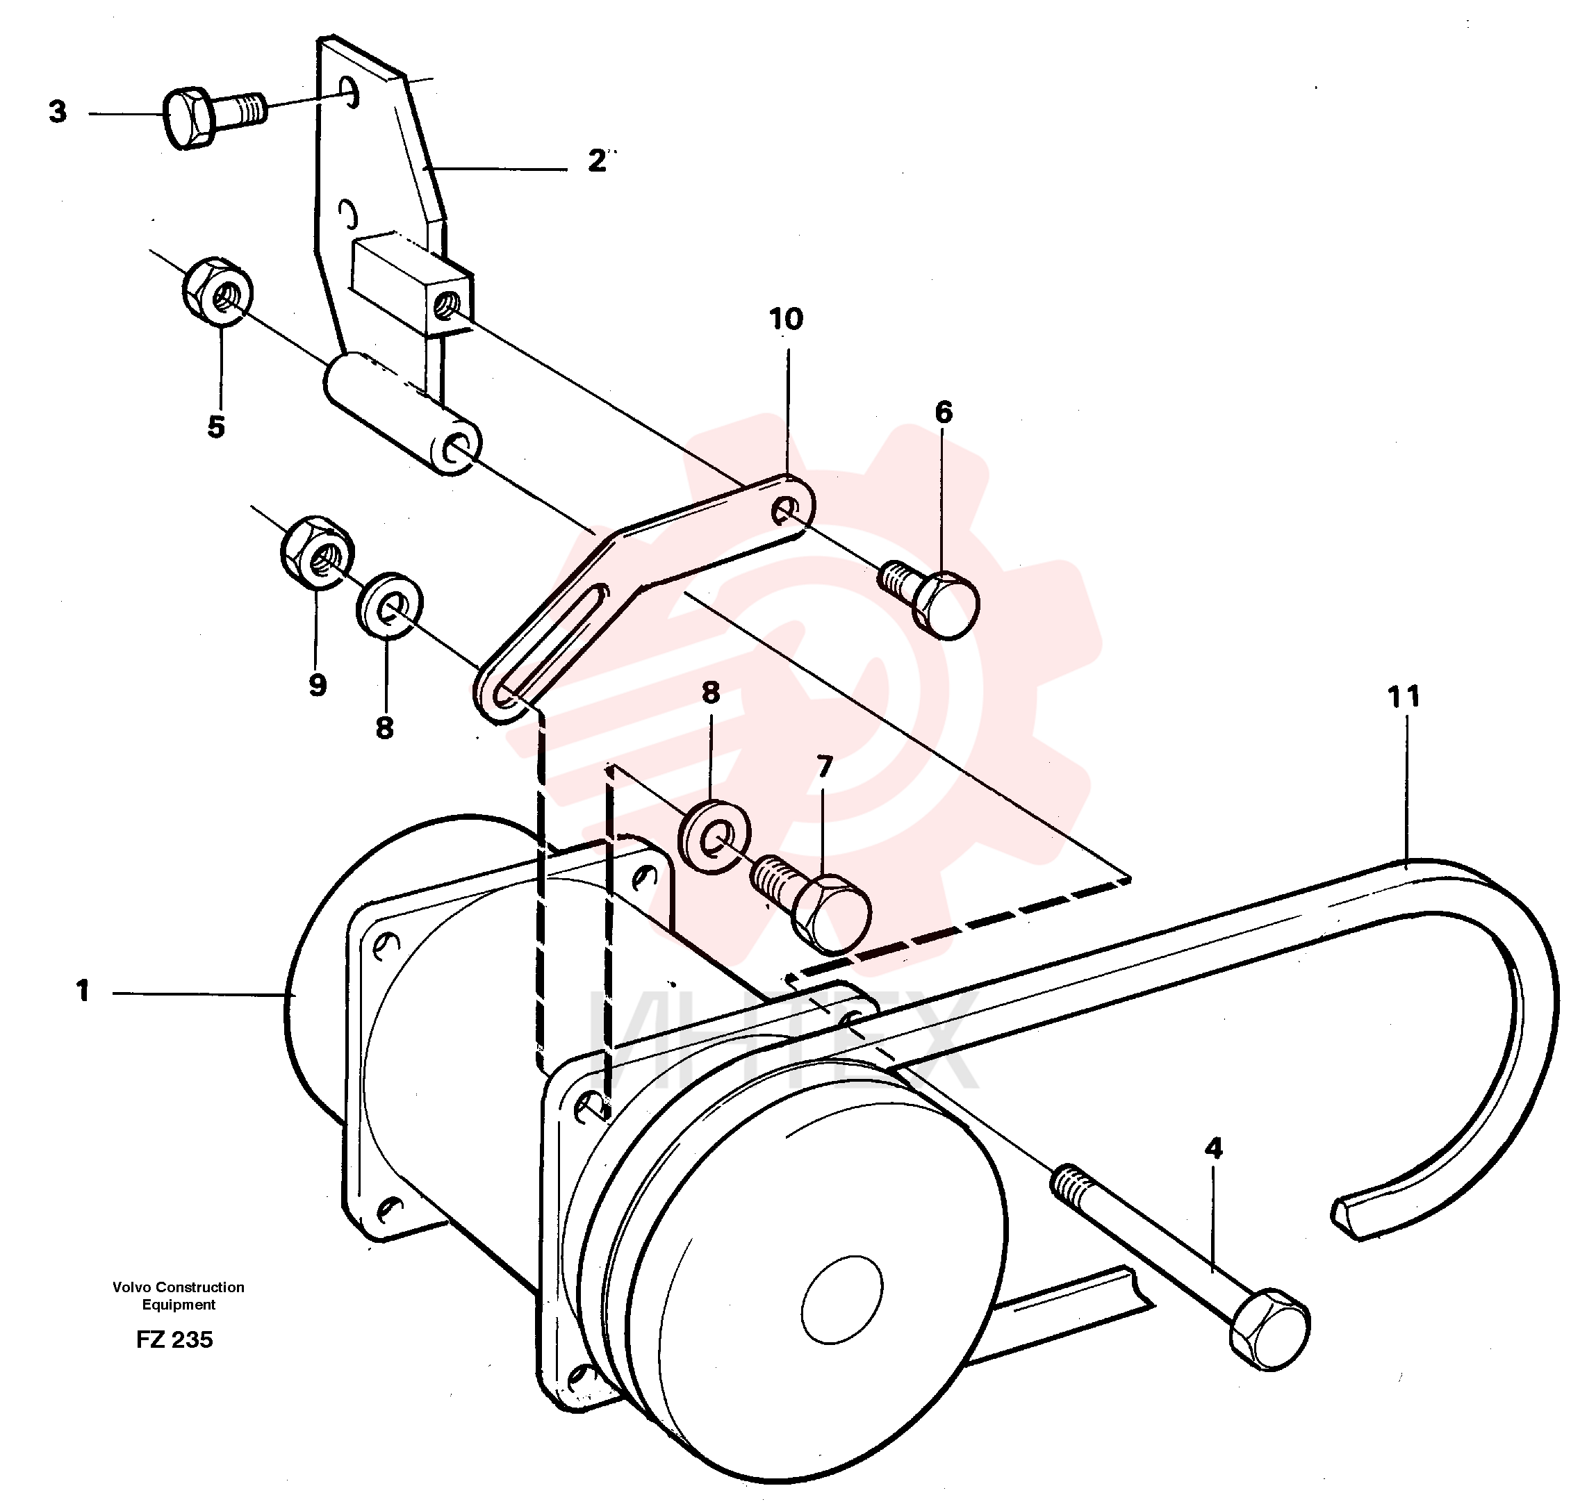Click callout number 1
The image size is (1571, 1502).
(83, 991)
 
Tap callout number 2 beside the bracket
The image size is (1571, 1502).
(597, 161)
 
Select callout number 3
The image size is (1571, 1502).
(58, 111)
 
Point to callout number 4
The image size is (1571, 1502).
(1213, 1149)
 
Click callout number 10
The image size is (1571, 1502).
(787, 319)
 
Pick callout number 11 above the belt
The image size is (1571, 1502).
(1403, 697)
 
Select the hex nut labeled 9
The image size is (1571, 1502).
(318, 552)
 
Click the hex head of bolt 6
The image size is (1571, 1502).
(946, 604)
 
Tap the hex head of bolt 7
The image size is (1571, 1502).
(832, 914)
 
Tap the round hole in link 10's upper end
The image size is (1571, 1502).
(784, 509)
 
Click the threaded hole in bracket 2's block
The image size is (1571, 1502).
(445, 304)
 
